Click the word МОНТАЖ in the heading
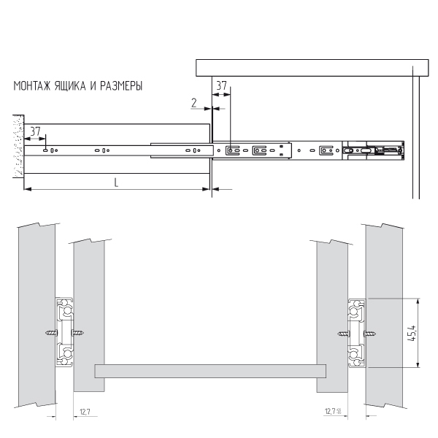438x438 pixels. pyautogui.click(x=32, y=85)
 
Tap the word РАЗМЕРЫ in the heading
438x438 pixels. pyautogui.click(x=121, y=85)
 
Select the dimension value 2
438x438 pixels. pyautogui.click(x=194, y=103)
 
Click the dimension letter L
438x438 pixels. pyautogui.click(x=116, y=182)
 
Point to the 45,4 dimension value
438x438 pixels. pyautogui.click(x=412, y=334)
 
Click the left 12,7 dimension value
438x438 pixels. pyautogui.click(x=85, y=412)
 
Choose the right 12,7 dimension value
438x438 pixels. pyautogui.click(x=331, y=411)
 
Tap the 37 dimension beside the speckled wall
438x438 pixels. pyautogui.click(x=35, y=131)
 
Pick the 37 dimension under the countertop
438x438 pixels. pyautogui.click(x=221, y=85)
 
